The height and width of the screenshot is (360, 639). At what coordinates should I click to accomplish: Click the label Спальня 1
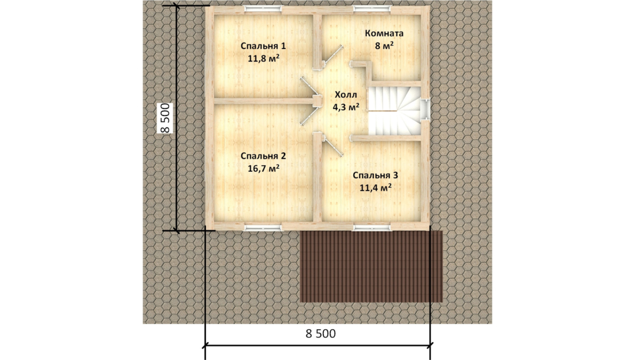point(263,46)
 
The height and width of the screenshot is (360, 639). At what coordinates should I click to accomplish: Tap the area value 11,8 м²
point(264,58)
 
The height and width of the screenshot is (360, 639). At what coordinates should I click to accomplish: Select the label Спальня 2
point(263,156)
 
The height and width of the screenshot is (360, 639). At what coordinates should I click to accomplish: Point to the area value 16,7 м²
point(264,168)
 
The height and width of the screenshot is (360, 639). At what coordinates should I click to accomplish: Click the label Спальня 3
point(375,175)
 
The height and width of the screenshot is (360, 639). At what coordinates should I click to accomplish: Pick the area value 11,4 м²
point(376,188)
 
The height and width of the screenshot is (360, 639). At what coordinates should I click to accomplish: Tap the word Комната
point(385,33)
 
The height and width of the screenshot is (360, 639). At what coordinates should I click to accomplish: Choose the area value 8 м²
point(385,46)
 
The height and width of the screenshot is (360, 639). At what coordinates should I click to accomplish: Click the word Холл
point(346,95)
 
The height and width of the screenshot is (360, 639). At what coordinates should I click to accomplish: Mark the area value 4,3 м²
point(346,107)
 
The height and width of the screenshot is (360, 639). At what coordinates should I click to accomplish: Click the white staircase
point(395,111)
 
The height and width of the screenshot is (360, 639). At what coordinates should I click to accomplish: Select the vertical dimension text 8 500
point(165,118)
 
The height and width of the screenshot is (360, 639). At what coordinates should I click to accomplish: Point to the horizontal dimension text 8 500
point(321,333)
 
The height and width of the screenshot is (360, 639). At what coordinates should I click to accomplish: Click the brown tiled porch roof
point(371,266)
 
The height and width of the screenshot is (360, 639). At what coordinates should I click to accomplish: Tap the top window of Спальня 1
point(263,8)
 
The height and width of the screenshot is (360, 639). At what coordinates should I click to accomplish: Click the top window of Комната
point(372,8)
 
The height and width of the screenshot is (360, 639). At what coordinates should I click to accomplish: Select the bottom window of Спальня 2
point(263,227)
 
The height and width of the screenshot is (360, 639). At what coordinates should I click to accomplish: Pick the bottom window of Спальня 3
point(372,227)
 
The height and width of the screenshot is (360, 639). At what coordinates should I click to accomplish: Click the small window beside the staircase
point(425,110)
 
